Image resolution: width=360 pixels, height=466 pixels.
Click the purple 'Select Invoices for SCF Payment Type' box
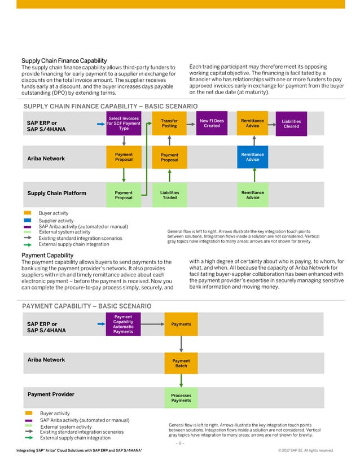point(124,124)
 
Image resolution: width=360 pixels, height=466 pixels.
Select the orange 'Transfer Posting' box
point(169,124)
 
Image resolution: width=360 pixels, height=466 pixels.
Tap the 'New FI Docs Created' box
point(212,124)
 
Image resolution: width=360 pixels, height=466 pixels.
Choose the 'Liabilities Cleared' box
point(291,124)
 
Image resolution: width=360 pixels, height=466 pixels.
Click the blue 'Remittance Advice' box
point(252,156)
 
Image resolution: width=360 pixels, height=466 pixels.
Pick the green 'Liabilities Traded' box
point(169,195)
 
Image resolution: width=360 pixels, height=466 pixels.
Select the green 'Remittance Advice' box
point(252,195)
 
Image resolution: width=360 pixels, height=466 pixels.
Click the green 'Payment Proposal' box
point(124,195)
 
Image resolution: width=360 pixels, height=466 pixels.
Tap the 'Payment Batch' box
point(181,363)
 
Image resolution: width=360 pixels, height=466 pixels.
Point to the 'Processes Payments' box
point(181,398)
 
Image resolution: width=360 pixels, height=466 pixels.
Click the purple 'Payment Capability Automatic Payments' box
point(123,324)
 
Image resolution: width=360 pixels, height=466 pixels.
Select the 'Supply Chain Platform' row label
point(57,194)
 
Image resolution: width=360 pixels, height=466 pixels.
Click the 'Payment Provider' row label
point(51,394)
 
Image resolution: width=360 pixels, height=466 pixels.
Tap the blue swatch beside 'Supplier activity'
point(28,221)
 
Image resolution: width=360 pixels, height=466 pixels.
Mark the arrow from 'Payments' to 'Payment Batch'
point(181,344)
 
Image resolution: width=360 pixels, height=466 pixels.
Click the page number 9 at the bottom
point(180,443)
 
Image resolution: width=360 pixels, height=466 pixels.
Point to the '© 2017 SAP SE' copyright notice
point(306,450)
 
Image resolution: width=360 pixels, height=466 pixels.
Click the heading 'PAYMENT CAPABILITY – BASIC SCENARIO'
point(86,306)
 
